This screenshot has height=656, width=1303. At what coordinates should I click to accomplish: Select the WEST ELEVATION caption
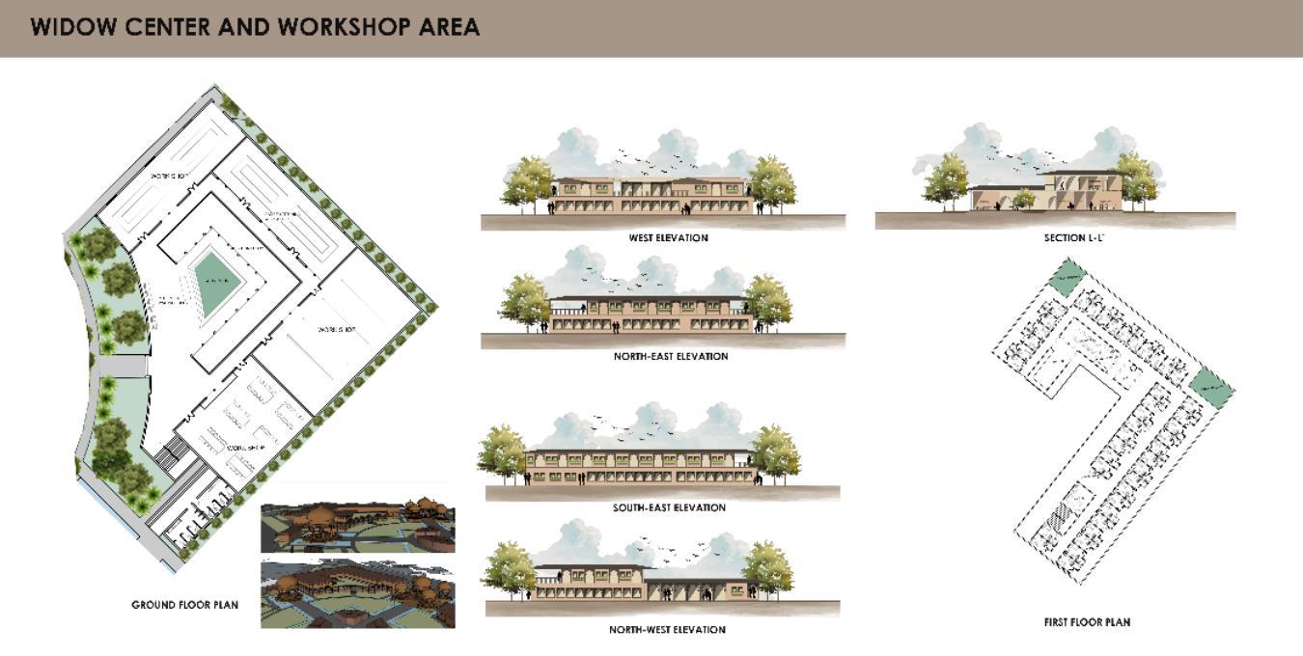pyautogui.click(x=668, y=238)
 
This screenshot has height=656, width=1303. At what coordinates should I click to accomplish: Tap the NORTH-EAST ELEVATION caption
pyautogui.click(x=670, y=357)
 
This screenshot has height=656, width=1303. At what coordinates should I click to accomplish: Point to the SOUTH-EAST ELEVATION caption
pyautogui.click(x=669, y=508)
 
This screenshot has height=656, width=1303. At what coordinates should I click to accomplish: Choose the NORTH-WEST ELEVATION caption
pyautogui.click(x=667, y=630)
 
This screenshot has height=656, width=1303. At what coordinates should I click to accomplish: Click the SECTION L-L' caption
pyautogui.click(x=1073, y=237)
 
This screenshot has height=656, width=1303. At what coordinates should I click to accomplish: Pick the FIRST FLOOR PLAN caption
pyautogui.click(x=1087, y=623)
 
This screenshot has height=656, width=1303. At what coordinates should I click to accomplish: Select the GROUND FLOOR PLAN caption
pyautogui.click(x=184, y=606)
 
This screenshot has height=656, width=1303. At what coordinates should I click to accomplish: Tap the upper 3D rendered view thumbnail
pyautogui.click(x=357, y=527)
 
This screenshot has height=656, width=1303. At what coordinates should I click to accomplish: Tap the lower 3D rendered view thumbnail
pyautogui.click(x=357, y=594)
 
